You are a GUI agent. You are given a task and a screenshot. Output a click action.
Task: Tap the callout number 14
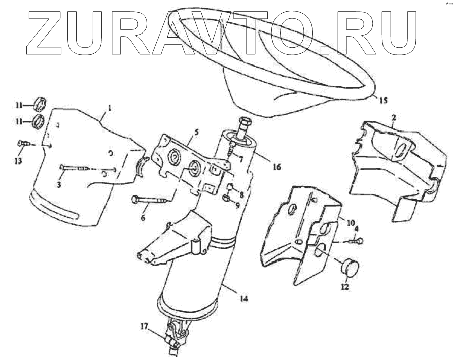(x=244, y=299)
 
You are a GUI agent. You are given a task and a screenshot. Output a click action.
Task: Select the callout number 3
(x=59, y=185)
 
